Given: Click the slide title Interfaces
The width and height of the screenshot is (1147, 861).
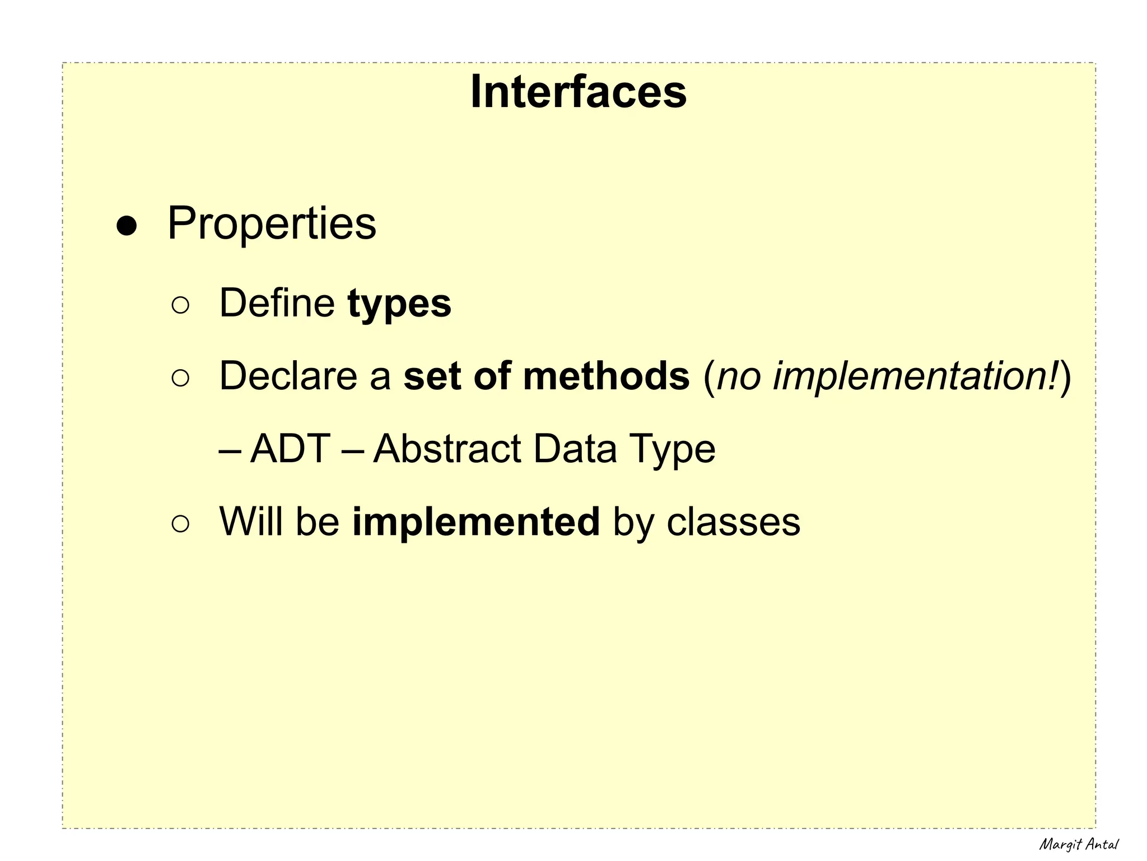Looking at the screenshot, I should tap(578, 92).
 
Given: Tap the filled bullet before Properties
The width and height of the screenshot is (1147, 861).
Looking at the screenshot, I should tap(126, 226).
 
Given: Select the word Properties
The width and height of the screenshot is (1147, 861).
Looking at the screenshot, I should tap(272, 224).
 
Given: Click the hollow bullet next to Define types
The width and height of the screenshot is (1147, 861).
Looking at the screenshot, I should tap(180, 305).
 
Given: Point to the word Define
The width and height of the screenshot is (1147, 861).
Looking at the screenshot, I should tap(277, 303).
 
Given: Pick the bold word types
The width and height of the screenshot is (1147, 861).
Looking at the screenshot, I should tap(399, 304).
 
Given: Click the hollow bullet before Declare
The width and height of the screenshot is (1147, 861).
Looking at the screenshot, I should tap(180, 378).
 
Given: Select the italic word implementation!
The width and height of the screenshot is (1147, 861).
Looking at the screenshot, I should tap(916, 376).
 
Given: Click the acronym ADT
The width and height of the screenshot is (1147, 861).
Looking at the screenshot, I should tap(290, 449).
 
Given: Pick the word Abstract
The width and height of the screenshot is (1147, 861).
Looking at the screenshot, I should tap(447, 449).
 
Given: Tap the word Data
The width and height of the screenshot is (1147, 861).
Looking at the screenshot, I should tap(575, 449).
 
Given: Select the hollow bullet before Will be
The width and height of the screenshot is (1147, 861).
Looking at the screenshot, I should tap(180, 524).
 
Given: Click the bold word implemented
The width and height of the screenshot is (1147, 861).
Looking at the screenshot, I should tap(475, 523).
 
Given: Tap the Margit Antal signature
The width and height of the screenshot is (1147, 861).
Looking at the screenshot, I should tap(1079, 844).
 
